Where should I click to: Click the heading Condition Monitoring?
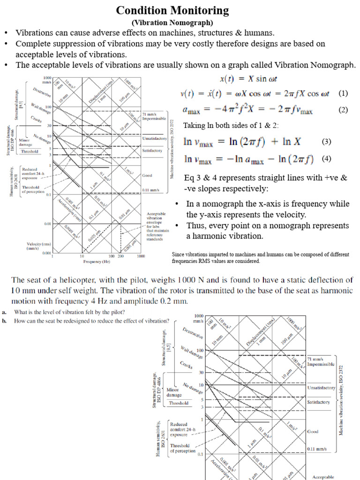(172, 10)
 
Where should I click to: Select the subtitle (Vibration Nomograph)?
(172, 22)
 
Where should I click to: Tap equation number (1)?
(343, 93)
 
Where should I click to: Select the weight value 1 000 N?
(192, 280)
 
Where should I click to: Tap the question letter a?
(4, 312)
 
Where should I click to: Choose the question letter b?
(4, 321)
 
